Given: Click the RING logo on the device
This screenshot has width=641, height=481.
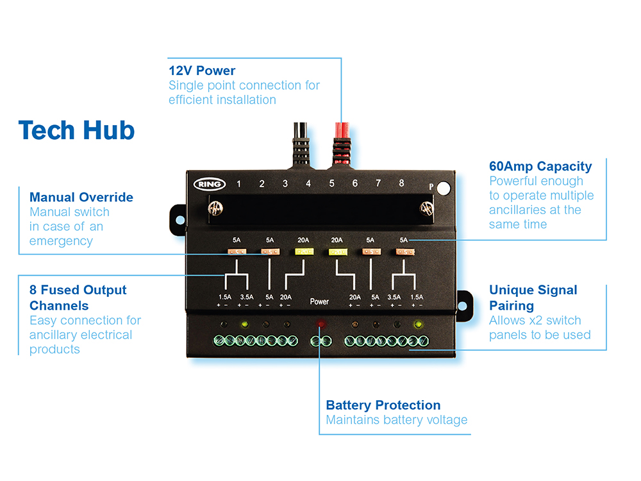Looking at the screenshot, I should [210, 184].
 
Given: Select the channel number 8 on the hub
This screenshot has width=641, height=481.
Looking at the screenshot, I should [401, 183].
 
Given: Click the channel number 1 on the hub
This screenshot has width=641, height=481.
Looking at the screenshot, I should [238, 184].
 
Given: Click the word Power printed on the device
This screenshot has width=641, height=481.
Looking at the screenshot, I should [319, 301].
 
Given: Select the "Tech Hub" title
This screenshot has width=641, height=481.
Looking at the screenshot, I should [76, 130].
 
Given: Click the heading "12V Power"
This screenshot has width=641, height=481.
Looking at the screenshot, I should [202, 71].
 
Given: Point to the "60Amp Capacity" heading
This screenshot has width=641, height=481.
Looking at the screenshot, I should [540, 167].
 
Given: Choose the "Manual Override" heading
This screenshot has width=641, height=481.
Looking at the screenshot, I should [81, 197].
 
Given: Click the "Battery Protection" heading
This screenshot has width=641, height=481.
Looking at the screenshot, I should [383, 405].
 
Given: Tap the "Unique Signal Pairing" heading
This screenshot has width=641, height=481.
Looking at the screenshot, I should [533, 298].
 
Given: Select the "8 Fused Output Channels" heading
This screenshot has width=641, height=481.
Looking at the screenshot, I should [78, 298].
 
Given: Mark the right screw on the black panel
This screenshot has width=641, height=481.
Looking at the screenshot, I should [424, 208].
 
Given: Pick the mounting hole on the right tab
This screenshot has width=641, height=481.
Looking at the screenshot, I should [463, 300].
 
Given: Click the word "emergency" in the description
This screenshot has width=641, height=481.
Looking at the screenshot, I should [61, 241].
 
